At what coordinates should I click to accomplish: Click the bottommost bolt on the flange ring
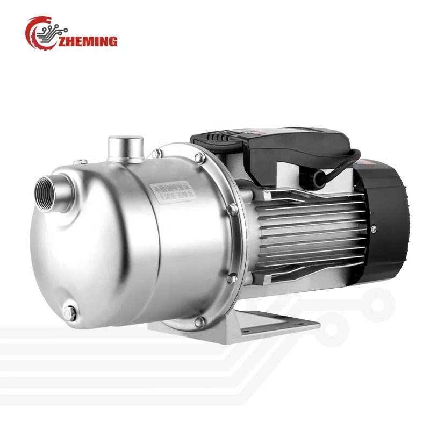point(200,321)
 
